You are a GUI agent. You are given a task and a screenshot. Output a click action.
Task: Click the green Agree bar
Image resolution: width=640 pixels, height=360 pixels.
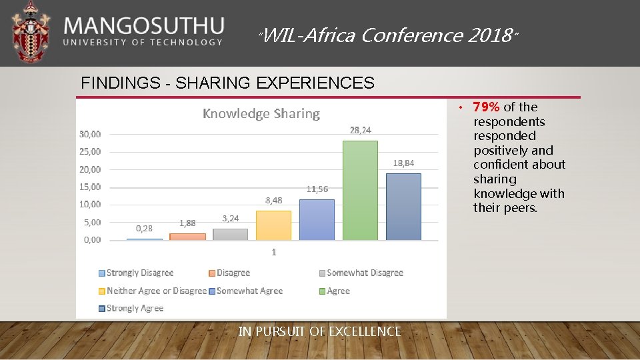[360, 190]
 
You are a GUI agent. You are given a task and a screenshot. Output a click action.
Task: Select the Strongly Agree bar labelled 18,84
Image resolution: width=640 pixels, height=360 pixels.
[403, 207]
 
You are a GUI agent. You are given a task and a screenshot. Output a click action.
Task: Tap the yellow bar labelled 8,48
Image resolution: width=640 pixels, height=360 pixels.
[273, 225]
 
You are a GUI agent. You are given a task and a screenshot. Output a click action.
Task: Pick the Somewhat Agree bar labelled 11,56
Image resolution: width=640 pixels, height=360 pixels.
[317, 219]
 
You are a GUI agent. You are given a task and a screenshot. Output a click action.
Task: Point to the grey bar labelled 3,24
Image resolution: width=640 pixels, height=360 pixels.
[230, 234]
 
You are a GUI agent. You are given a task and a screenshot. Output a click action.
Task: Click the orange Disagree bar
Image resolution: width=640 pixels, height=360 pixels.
[187, 236]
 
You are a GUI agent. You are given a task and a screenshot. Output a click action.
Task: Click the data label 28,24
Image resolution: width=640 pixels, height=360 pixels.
[361, 130]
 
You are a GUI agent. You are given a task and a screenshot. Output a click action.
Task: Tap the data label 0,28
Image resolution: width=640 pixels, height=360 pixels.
[144, 228]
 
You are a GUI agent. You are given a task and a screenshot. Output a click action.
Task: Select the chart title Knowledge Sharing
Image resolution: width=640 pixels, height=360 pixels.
[261, 114]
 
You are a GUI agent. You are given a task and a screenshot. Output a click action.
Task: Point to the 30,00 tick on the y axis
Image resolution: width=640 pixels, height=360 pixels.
[90, 134]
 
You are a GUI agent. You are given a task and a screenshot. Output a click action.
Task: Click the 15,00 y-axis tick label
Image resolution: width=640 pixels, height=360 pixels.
[90, 187]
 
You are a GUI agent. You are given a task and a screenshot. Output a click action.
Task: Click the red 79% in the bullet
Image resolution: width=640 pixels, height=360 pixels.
[486, 107]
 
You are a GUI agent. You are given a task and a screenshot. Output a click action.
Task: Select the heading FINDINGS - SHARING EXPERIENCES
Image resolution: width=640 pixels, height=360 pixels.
[227, 83]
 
